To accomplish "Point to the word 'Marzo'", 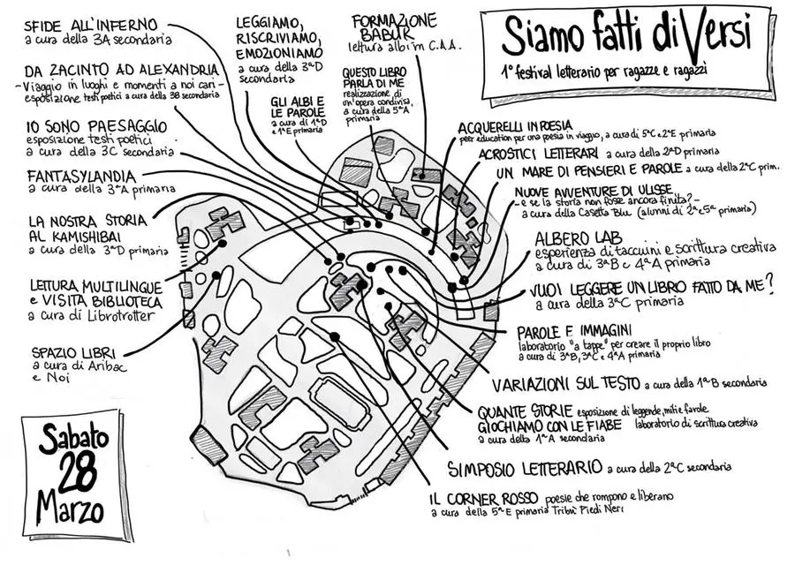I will pyautogui.click(x=71, y=509).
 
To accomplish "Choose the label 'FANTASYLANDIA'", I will pyautogui.click(x=81, y=176).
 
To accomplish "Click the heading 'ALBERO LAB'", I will pyautogui.click(x=579, y=238).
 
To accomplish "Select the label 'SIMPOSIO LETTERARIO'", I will pyautogui.click(x=525, y=467).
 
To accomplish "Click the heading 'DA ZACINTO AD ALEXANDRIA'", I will pyautogui.click(x=122, y=69).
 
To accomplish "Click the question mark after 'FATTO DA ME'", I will pyautogui.click(x=769, y=283).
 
